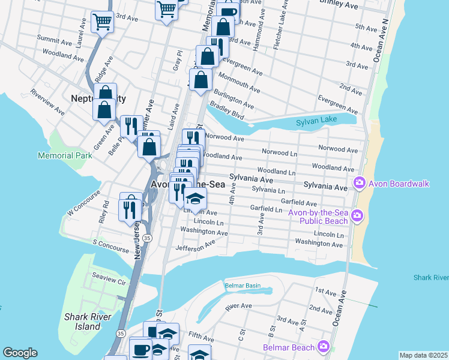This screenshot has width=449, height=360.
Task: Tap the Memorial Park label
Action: [65, 155]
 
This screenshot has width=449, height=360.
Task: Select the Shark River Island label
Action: [83, 321]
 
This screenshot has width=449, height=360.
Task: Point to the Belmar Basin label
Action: [243, 286]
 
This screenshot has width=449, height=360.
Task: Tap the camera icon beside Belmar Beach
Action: [324, 346]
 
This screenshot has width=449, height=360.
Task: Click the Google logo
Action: [20, 353]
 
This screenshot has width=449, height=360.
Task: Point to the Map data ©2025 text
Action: [423, 355]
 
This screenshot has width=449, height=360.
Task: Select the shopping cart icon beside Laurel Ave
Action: [102, 22]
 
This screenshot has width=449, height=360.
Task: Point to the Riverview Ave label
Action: [47, 102]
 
